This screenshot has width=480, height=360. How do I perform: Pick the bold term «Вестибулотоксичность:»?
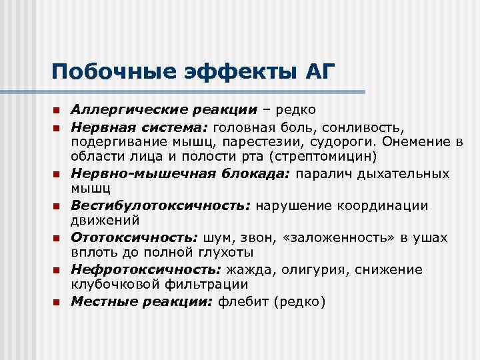161,205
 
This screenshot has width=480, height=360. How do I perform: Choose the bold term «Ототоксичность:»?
135,237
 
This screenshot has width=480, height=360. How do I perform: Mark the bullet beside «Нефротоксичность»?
57,271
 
